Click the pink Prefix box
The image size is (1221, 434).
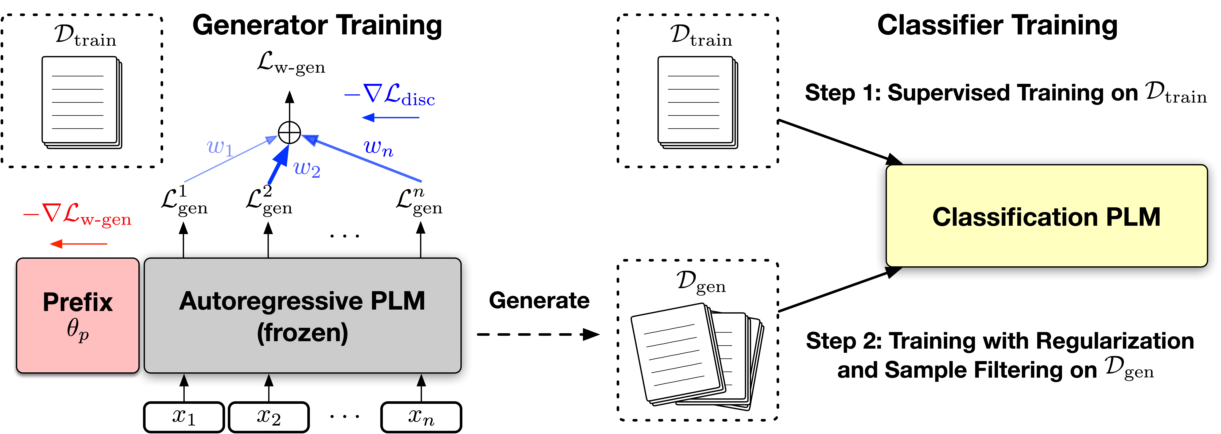77,315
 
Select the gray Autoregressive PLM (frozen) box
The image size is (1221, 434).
302,315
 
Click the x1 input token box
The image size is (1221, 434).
184,417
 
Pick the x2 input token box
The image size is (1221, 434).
269,417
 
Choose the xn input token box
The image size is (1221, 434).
421,417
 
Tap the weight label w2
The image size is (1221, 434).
307,168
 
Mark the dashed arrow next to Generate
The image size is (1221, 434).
538,334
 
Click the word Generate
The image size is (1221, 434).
539,300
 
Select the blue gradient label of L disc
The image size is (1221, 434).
390,95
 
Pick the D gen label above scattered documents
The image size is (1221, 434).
701,282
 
